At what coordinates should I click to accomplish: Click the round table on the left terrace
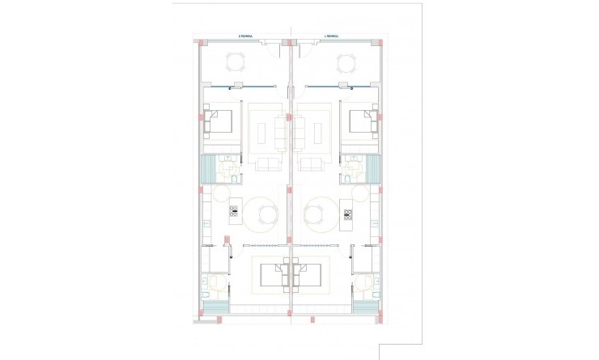point(236,61)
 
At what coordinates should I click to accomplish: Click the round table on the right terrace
point(346,61)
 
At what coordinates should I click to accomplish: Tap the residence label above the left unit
point(246,36)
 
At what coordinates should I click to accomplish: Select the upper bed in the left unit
point(220,123)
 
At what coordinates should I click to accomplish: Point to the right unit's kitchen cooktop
point(348,214)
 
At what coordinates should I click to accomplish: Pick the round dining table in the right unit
point(316,214)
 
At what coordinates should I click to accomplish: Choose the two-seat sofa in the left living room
point(267,165)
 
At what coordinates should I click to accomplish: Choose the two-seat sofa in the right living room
point(312,165)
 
